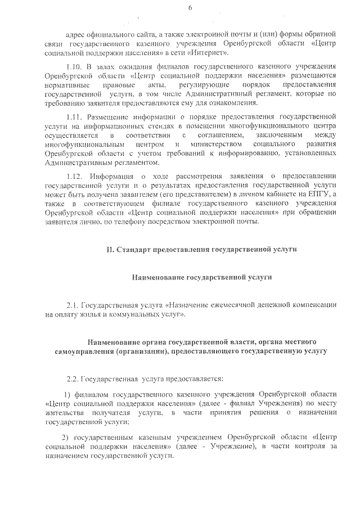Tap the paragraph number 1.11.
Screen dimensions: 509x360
(74, 117)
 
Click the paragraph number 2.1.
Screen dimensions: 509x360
(73, 305)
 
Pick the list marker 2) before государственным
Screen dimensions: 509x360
(65, 437)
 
